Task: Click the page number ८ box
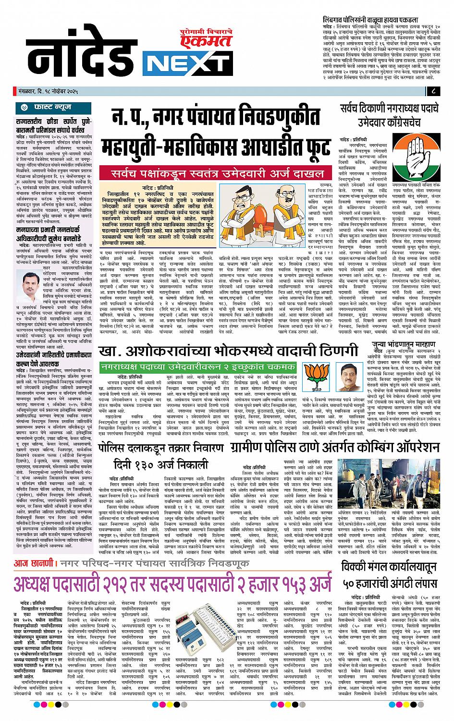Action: tap(433, 91)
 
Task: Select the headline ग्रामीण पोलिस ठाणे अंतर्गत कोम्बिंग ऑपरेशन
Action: tap(335, 450)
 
